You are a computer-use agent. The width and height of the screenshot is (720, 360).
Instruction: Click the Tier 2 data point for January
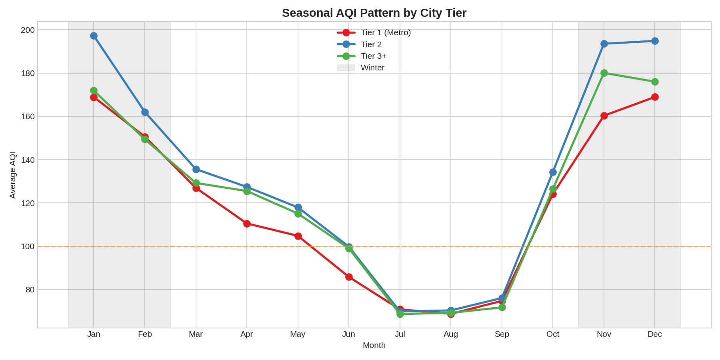tap(94, 36)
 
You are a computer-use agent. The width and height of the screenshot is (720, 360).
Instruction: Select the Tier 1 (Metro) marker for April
tap(247, 224)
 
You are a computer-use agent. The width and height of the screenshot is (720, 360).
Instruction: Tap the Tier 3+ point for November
tap(604, 73)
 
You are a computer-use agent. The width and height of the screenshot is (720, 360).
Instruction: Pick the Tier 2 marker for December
tap(655, 41)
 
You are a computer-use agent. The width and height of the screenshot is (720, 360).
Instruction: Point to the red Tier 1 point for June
tap(349, 277)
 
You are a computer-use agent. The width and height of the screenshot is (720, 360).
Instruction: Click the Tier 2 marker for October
tap(553, 172)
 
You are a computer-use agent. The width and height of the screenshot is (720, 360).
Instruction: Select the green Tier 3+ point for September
tap(502, 307)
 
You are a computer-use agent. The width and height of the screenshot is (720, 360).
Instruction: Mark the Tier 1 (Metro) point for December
tap(655, 97)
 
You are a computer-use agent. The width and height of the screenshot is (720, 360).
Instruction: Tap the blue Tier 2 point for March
tap(196, 170)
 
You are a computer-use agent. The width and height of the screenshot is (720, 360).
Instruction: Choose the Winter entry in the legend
tap(372, 68)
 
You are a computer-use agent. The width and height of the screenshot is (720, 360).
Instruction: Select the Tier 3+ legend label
tap(373, 56)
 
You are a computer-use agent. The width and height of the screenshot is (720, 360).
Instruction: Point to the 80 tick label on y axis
tap(30, 290)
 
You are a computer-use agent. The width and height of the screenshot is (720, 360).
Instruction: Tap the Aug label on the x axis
tap(451, 334)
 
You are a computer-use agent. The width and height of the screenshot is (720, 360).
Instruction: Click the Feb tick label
tap(145, 334)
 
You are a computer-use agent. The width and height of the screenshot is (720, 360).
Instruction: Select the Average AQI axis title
tap(13, 175)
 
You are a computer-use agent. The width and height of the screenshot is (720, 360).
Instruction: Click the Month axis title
tap(374, 346)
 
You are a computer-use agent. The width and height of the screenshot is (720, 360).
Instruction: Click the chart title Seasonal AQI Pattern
tap(374, 13)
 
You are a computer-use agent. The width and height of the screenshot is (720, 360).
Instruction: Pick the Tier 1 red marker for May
tap(298, 236)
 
